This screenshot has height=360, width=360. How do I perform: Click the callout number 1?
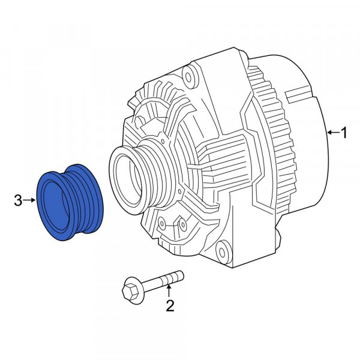click(344, 133)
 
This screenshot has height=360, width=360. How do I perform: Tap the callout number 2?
click(170, 307)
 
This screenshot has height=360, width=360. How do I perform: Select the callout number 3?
click(19, 200)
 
